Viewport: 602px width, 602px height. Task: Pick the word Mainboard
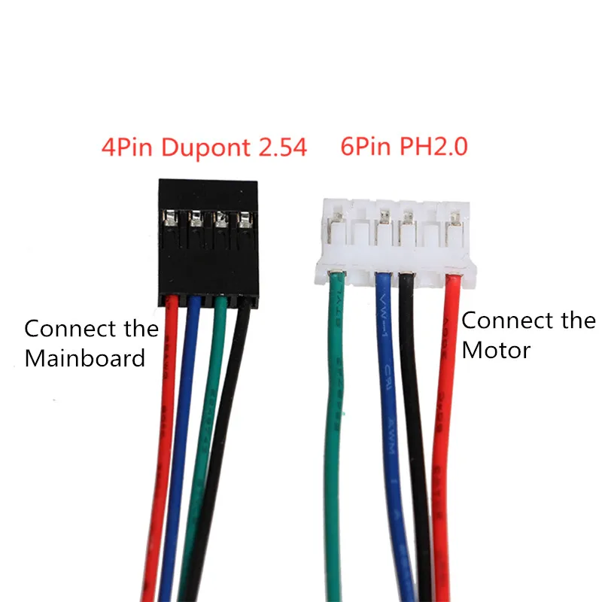pos(84,358)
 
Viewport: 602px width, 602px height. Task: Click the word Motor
pos(496,350)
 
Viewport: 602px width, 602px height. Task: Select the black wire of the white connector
pos(414,421)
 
